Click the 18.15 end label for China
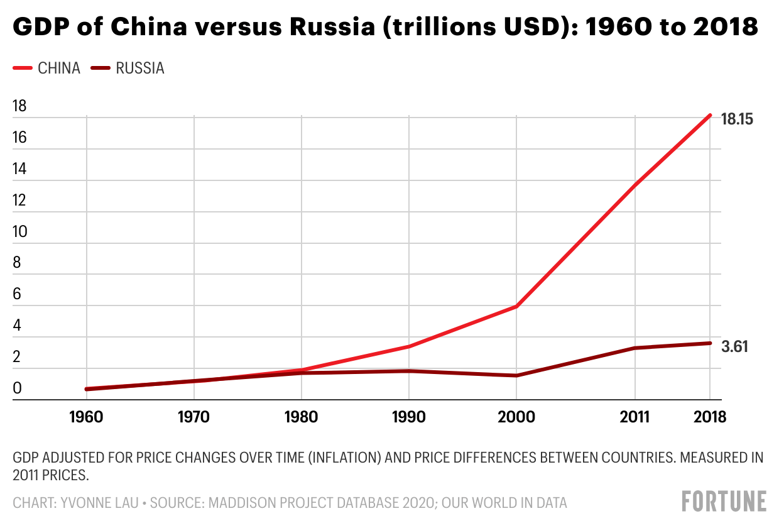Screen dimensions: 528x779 737,119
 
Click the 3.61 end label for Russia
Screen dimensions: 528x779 735,347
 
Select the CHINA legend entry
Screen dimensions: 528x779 59,69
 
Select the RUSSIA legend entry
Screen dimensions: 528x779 139,69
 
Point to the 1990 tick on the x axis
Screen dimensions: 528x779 409,417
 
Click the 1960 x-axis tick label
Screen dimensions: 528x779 87,417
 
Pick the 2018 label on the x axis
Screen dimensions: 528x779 709,417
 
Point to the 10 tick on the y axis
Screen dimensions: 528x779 20,231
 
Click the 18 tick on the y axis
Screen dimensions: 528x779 20,106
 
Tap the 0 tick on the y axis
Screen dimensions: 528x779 17,388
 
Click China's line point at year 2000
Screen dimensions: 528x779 516,306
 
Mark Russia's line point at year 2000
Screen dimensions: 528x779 516,375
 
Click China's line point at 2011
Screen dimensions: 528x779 635,185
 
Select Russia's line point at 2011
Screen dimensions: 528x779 635,348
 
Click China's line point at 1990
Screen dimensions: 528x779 409,346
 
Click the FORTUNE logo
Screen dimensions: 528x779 724,501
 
